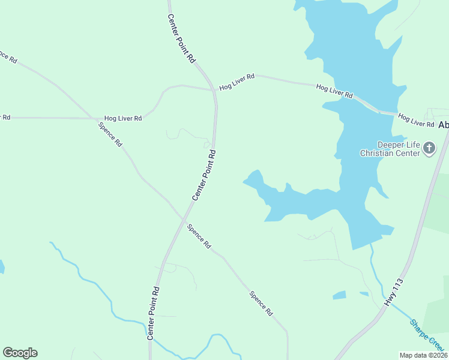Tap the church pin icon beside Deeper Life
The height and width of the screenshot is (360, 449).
[429, 148]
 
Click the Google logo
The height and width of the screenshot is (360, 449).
[20, 353]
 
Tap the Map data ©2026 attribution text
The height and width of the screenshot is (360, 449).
[423, 355]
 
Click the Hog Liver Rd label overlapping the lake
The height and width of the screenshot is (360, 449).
[334, 92]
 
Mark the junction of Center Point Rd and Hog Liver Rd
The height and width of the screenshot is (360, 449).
[214, 91]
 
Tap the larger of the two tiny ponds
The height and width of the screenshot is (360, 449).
[339, 295]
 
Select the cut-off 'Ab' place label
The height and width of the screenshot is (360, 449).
[444, 125]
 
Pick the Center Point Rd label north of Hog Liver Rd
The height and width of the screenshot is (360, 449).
[181, 39]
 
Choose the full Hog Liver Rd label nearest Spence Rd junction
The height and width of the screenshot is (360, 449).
[122, 118]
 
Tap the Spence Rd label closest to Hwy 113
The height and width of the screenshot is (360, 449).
[262, 304]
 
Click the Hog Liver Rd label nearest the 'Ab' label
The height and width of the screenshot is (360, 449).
[416, 120]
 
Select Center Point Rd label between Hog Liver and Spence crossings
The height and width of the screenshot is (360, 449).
[203, 175]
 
